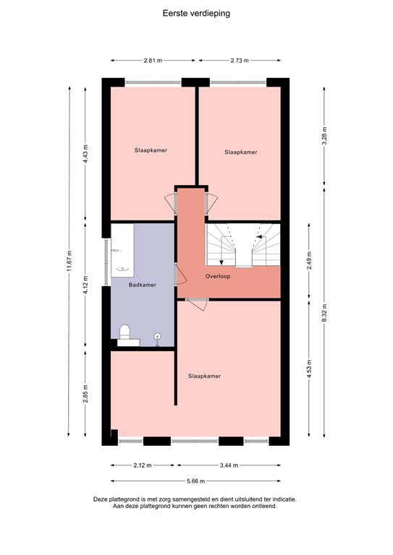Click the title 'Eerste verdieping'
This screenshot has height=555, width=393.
point(196,13)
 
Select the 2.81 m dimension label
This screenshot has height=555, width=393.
point(152,61)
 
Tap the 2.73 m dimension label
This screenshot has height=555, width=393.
point(239,61)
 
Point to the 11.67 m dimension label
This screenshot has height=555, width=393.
point(69,259)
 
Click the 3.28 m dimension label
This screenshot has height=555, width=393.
point(324,137)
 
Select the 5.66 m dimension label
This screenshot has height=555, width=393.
point(196,481)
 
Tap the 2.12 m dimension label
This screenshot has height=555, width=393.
point(141,465)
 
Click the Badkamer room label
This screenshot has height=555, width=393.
point(142,285)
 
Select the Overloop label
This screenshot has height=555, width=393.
point(217,276)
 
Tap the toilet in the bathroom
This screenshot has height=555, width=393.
point(124,332)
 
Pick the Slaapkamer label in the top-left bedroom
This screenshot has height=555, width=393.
point(151,150)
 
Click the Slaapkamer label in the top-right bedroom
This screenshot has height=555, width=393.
point(241,152)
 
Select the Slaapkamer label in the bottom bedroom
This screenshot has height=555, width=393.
point(204,376)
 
